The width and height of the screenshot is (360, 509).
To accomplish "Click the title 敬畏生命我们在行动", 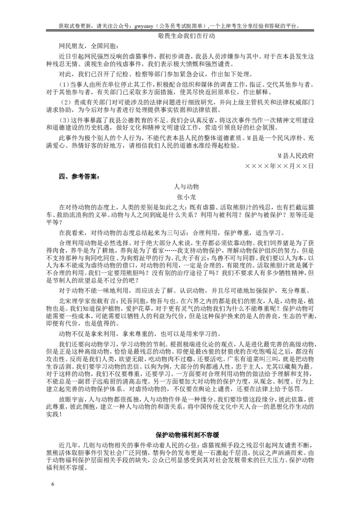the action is pos(187,36).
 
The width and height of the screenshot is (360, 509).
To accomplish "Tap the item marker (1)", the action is pos(66,85).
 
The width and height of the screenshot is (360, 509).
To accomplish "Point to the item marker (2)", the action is pos(66,102).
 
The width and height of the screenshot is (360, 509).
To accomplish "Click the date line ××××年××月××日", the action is pos(279,166).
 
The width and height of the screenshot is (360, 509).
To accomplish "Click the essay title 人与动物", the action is pos(187,186).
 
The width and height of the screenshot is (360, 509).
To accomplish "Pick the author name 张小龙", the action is pos(187,196).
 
